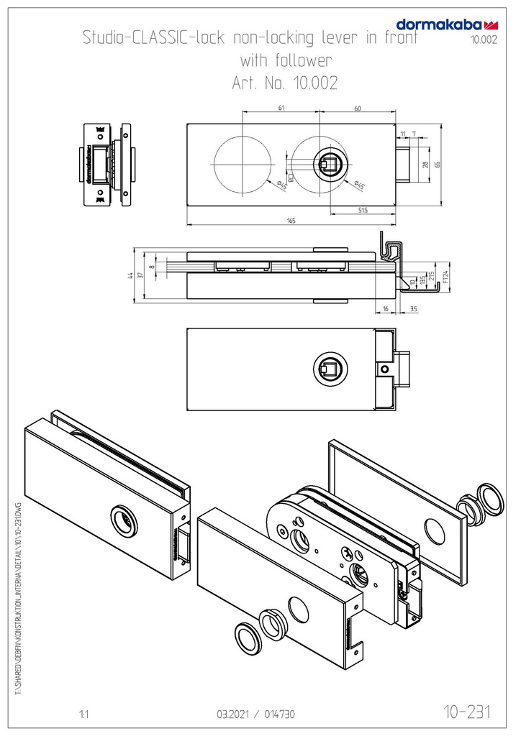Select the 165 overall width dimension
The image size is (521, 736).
(x=291, y=221)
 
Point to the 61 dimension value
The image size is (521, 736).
(x=281, y=108)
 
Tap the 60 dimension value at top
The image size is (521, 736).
(x=358, y=108)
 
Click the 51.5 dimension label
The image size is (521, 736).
(x=362, y=209)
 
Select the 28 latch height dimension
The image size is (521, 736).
(x=425, y=165)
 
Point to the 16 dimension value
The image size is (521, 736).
(x=385, y=308)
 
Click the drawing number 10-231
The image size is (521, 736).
(x=468, y=712)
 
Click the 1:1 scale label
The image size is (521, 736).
(x=83, y=715)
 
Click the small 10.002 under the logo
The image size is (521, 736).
(x=484, y=40)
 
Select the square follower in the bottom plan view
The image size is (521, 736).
(x=331, y=369)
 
